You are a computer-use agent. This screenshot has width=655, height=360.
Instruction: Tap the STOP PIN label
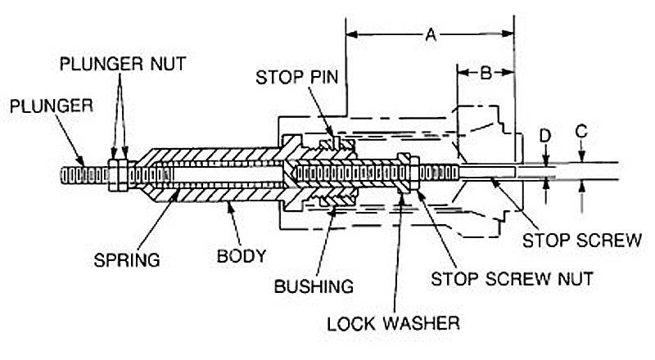[292, 79]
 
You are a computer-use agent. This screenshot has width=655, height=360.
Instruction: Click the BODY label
[243, 255]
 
